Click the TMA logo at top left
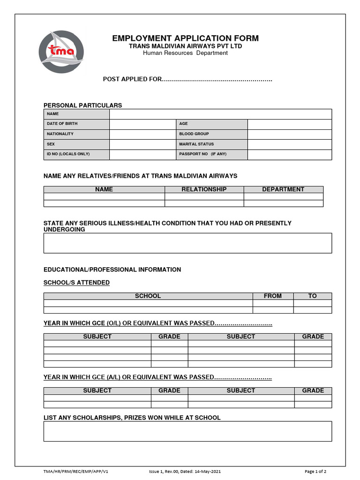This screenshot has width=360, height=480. point(61,52)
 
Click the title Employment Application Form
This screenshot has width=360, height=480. point(185,38)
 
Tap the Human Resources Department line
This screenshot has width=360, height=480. point(185,53)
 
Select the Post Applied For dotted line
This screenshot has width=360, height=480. point(217,79)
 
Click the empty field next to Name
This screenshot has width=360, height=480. point(220,114)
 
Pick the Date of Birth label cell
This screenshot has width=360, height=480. point(76,124)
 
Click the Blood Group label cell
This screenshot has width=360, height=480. point(211,134)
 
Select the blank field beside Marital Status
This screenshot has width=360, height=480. point(289,144)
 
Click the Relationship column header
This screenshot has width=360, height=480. point(204,189)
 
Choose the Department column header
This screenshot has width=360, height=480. point(283,189)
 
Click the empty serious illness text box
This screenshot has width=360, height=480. point(187,243)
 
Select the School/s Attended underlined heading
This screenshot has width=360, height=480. point(76,283)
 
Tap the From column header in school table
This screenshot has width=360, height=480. point(273,296)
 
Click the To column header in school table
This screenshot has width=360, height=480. point(312,296)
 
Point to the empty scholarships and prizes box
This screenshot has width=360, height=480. point(187,431)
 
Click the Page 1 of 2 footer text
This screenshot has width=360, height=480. point(315,472)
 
